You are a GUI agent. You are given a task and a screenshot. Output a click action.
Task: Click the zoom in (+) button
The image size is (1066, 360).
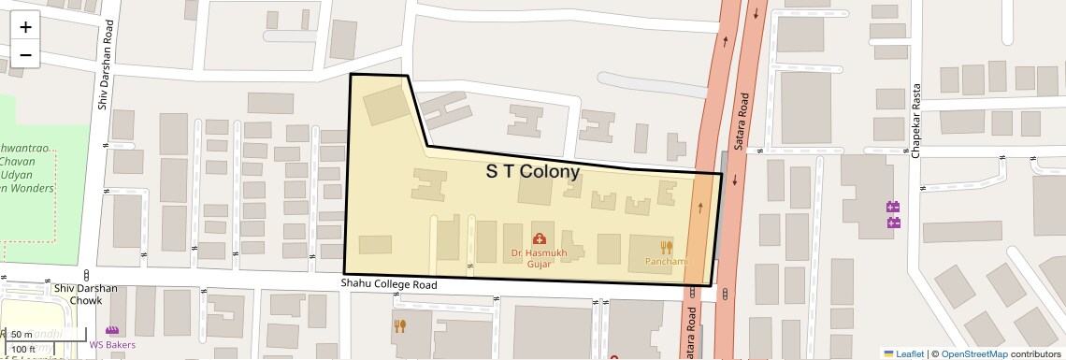coord(25,27)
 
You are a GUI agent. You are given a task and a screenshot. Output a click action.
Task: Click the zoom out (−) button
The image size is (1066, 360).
coord(25,54)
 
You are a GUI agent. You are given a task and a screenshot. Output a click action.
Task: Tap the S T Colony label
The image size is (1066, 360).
coord(533,172)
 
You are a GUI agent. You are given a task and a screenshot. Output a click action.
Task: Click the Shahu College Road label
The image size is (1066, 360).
coord(388,284)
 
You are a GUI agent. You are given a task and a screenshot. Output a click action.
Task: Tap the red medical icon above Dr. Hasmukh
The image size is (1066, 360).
coord(539,239)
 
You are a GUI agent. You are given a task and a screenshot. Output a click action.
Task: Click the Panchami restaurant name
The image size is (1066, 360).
coord(666,261)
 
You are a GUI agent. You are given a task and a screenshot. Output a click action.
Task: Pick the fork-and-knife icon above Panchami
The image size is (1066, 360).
coord(667,247)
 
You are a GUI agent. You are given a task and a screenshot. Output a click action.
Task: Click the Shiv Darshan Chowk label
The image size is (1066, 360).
coord(85,295)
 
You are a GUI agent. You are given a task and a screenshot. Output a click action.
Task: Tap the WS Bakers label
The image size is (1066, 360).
coord(112,345)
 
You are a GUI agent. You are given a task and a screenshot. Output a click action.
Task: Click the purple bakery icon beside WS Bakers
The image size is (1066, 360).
coord(112,331)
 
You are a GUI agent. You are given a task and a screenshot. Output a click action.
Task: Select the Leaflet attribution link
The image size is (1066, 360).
coord(904,353)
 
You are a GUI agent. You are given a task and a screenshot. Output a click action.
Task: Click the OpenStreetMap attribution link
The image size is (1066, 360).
coord(973,353)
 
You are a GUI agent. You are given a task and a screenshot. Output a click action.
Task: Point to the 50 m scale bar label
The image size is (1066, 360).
coord(22,335)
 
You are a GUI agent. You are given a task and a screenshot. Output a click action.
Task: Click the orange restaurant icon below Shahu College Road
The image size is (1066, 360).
coord(400,325)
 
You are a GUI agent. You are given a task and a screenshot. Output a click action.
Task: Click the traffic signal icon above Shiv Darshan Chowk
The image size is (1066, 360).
coord(87,275)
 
